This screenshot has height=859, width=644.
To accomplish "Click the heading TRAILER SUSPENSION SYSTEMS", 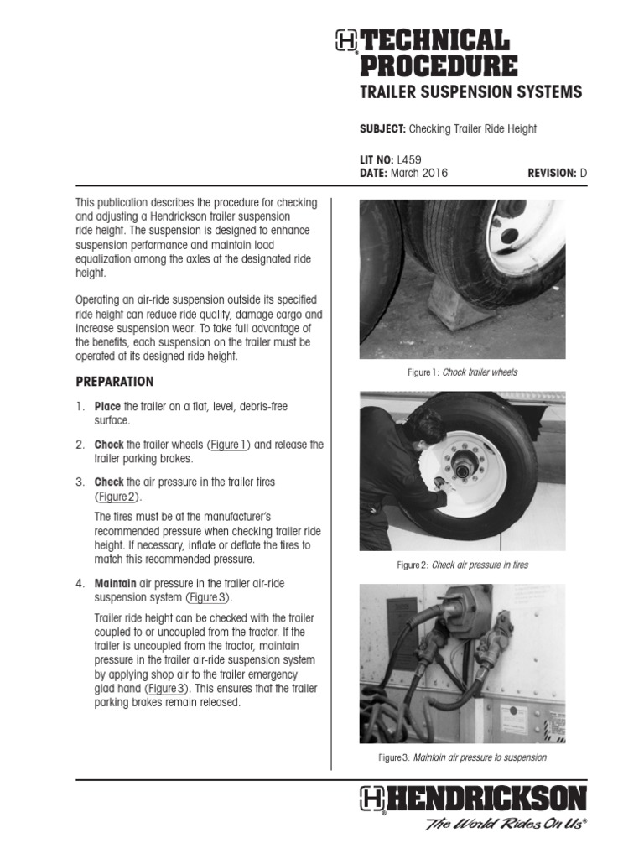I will pos(470,92).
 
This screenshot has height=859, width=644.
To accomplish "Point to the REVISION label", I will pos(551,173).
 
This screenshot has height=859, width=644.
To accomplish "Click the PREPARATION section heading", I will pos(115,382).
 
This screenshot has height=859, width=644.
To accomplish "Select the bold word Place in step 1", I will pos(108,407).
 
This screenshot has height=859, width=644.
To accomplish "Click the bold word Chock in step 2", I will pos(110,445).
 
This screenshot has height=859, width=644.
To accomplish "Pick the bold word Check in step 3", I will pos(109,482).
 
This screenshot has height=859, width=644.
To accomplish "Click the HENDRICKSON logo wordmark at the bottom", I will pos(486,798).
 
